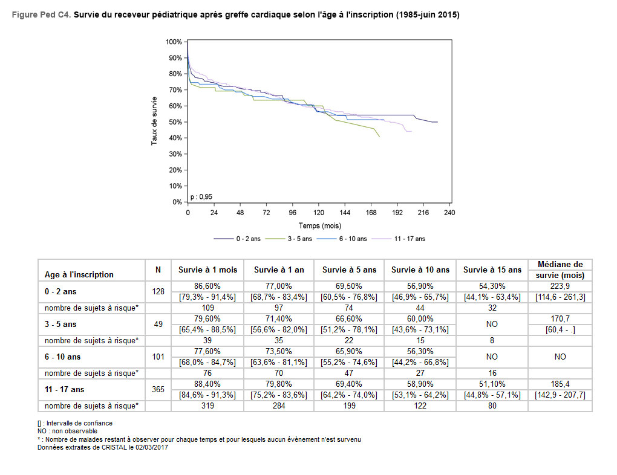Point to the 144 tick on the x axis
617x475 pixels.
click(345, 213)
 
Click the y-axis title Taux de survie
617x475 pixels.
click(154, 121)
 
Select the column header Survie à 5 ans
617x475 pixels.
click(349, 270)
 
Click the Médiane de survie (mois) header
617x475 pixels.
click(560, 270)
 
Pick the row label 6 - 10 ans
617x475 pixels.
click(63, 357)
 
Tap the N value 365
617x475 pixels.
click(158, 389)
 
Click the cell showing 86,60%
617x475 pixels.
click(207, 285)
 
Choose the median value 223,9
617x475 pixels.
click(560, 285)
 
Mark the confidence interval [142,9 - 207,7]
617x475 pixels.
click(560, 395)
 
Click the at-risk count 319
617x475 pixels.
click(207, 406)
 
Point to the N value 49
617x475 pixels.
click(158, 324)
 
